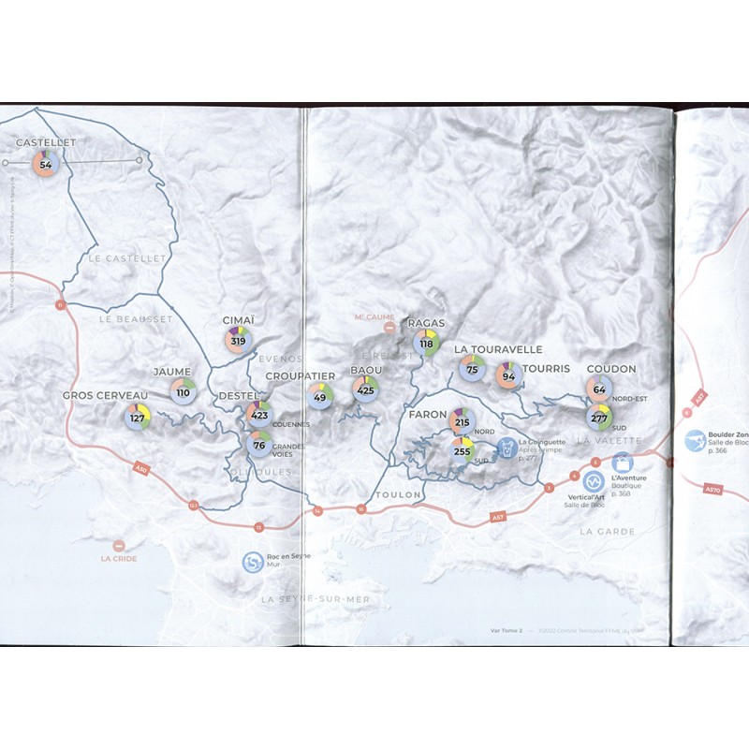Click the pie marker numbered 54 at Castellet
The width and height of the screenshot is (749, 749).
click(x=45, y=164)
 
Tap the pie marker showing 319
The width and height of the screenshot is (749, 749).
click(x=238, y=340)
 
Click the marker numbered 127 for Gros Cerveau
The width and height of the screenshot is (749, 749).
click(x=138, y=417)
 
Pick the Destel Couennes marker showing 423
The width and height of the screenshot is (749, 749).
click(x=259, y=415)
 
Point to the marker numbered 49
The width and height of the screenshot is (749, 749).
click(x=320, y=397)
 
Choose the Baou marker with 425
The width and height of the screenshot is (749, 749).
click(x=365, y=389)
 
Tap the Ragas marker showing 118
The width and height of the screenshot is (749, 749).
click(x=427, y=343)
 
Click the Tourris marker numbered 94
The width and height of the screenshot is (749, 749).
click(x=508, y=376)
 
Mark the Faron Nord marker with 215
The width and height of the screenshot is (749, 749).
click(x=462, y=422)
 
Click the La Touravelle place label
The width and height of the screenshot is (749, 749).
click(x=498, y=349)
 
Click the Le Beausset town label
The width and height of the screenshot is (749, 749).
click(x=136, y=318)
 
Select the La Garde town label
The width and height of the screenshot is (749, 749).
click(x=607, y=531)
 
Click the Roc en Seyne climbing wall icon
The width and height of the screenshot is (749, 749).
click(x=253, y=562)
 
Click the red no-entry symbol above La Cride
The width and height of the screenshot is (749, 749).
click(x=119, y=545)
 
